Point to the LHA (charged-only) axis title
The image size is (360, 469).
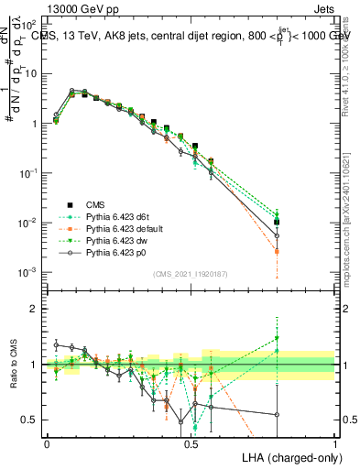click(289, 456)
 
